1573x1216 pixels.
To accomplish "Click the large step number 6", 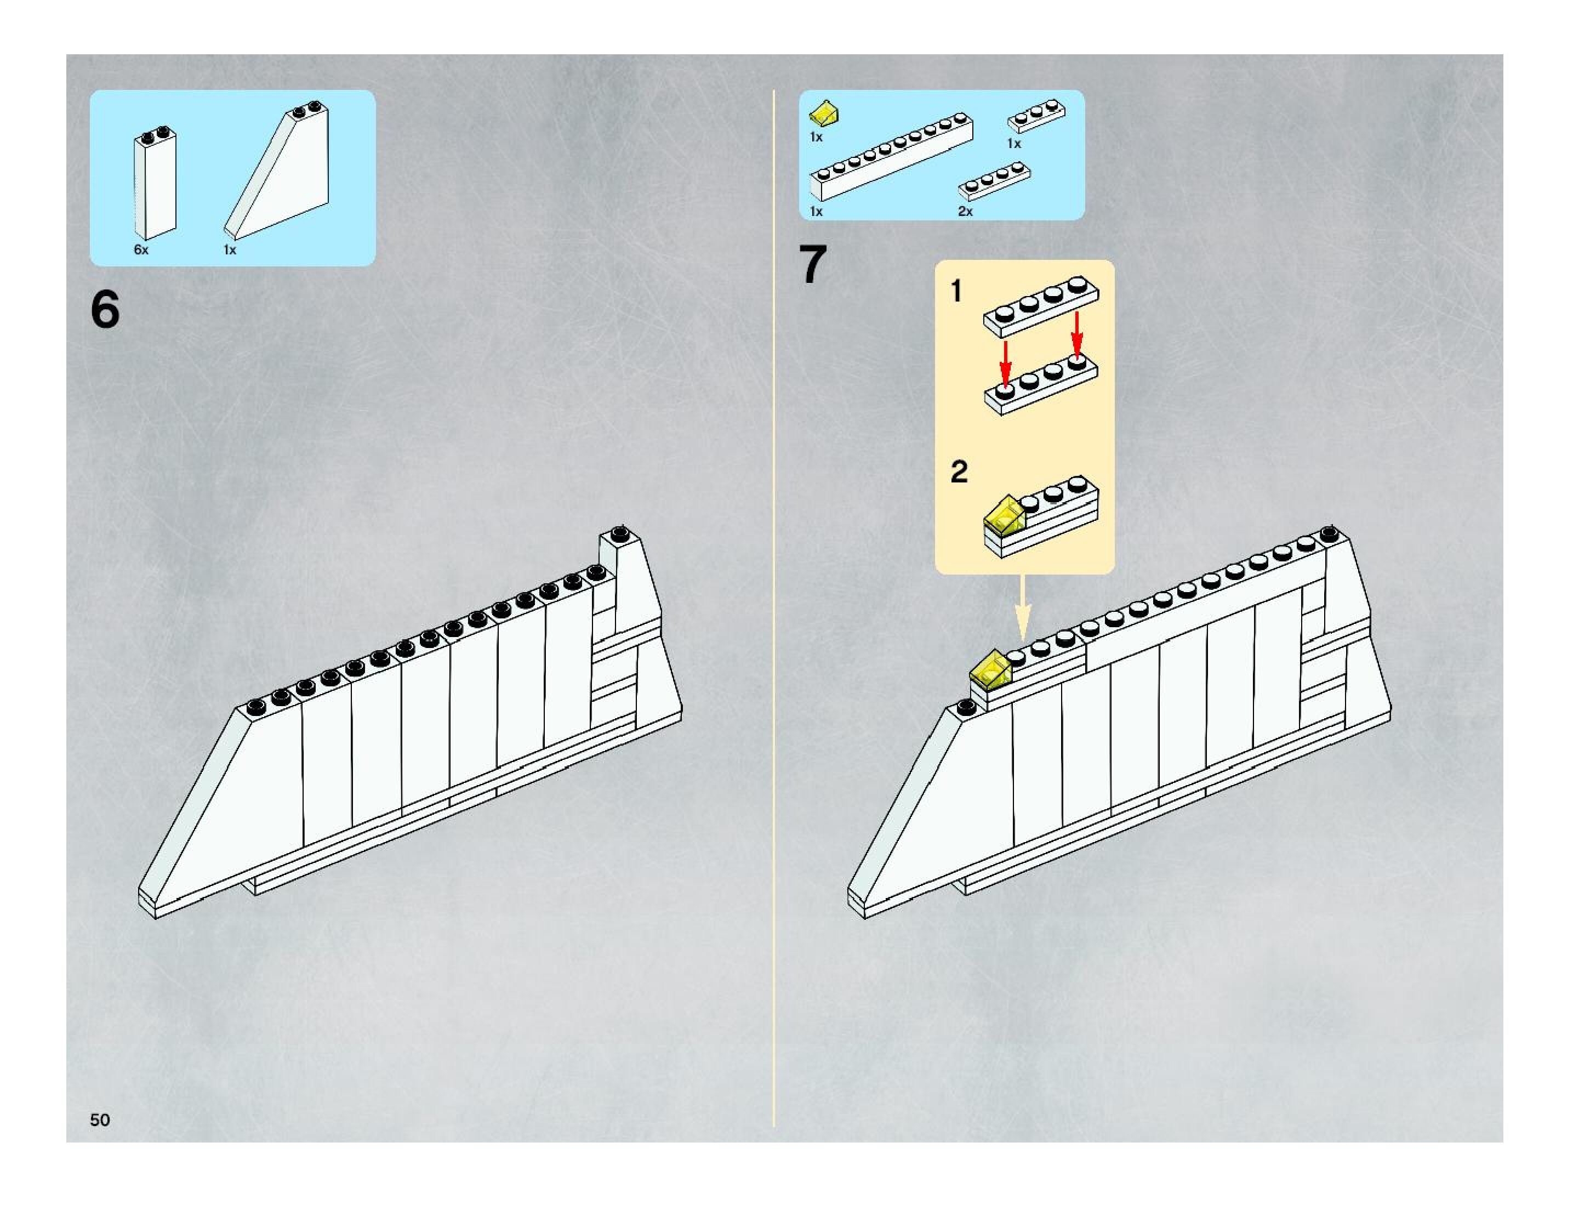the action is tap(105, 310).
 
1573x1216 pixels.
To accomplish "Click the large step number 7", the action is tap(813, 265).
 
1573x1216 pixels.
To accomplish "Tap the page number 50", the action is tap(100, 1119).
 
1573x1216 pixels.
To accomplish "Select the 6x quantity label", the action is tap(141, 250).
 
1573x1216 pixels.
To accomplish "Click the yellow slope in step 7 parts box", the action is tap(823, 113).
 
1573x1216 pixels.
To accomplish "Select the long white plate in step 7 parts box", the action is tap(891, 156).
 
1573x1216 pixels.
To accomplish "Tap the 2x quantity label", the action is tap(965, 211).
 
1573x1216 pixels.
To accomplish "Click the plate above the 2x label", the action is tap(994, 180).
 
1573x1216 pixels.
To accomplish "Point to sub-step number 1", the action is tap(956, 291).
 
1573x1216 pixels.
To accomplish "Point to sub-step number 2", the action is tap(959, 472).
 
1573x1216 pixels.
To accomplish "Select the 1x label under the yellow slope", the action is tap(816, 137).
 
